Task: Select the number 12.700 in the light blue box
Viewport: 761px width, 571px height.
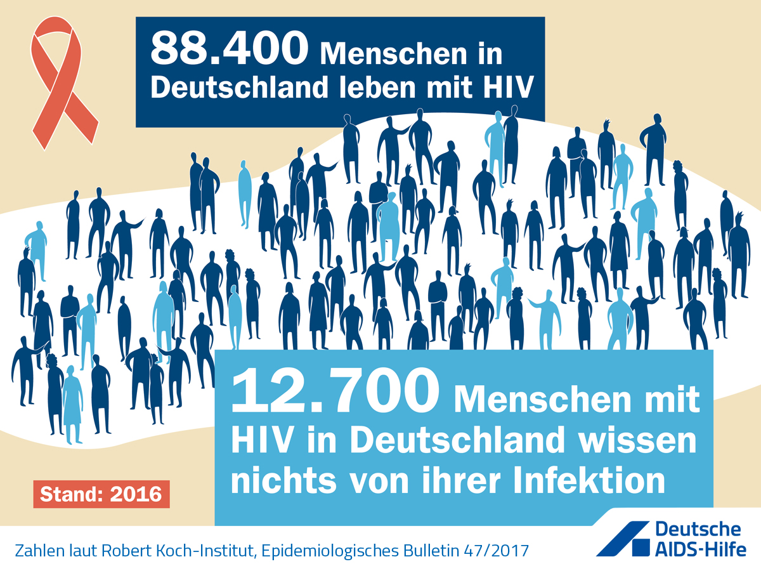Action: coord(335,391)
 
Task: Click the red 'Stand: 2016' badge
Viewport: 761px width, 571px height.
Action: coord(101,494)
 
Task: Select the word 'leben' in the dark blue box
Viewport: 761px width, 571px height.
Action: coord(377,87)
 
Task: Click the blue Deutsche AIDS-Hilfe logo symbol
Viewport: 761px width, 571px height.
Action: coord(623,539)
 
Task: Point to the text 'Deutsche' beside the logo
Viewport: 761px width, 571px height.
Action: coord(698,529)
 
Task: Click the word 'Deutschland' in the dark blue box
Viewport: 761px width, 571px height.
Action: coord(239,87)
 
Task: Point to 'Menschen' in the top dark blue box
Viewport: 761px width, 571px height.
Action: coord(393,54)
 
